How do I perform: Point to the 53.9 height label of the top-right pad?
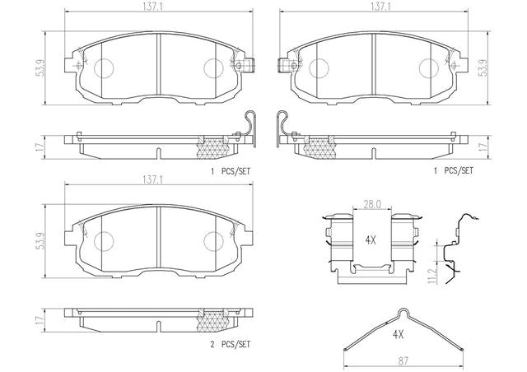click(x=483, y=68)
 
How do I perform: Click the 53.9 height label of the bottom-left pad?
click(x=40, y=241)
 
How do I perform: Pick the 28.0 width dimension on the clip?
click(x=372, y=204)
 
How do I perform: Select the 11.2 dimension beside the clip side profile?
click(x=431, y=276)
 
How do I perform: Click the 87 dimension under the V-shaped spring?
click(x=403, y=361)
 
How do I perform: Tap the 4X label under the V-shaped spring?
click(x=398, y=334)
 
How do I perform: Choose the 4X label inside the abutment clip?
click(x=371, y=240)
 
